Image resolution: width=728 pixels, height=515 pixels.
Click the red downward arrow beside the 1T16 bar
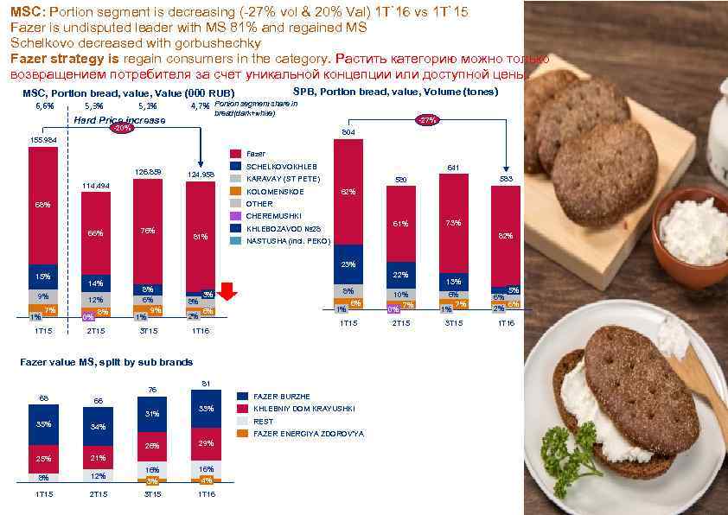227,294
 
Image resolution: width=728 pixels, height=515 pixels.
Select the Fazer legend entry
258,153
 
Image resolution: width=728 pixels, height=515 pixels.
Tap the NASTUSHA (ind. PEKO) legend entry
286,241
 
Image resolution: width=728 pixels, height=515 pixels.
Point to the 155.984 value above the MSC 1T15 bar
42,140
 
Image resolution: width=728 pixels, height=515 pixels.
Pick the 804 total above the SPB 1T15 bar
348,132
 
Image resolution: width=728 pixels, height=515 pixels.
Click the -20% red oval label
124,129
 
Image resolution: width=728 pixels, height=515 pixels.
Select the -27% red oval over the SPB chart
427,120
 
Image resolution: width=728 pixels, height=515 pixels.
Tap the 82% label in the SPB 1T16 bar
506,234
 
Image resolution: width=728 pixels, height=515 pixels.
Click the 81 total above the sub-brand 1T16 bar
206,383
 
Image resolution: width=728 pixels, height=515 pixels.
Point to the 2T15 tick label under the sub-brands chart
98,494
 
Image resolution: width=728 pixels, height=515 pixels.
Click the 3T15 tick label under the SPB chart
453,323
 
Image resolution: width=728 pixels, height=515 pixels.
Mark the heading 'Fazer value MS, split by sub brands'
106,362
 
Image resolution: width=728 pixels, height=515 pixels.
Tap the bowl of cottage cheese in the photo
692,229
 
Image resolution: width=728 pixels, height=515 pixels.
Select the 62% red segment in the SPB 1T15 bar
348,192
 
